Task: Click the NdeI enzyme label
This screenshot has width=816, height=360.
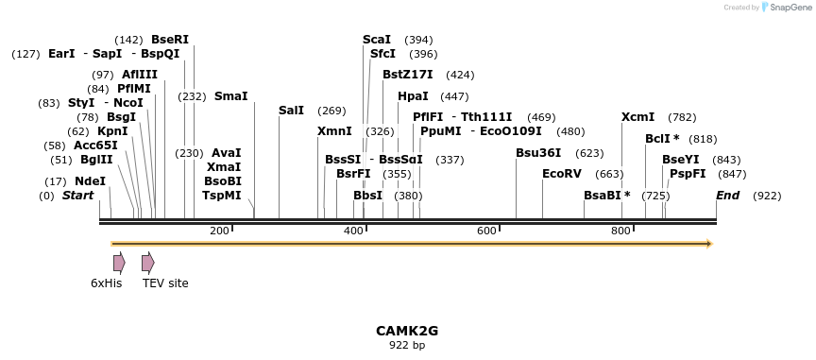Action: click(90, 180)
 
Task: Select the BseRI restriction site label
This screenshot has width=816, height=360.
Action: click(170, 40)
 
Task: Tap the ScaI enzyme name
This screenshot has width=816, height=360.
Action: click(377, 40)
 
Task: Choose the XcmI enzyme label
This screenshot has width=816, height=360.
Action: click(637, 117)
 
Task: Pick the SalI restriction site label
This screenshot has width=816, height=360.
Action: click(292, 111)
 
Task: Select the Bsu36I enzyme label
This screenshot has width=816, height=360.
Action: click(538, 153)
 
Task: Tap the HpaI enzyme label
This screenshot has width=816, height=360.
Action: click(413, 96)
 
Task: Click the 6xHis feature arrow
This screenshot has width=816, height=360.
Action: click(119, 263)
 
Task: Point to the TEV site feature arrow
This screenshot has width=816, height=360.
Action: click(147, 263)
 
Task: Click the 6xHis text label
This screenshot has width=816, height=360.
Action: click(107, 283)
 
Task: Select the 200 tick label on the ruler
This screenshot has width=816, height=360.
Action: click(219, 231)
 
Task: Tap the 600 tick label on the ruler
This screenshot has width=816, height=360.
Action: click(486, 231)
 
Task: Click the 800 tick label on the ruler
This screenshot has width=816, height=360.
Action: click(620, 231)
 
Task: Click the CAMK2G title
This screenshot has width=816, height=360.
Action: click(407, 331)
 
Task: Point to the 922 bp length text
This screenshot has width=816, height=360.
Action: click(407, 346)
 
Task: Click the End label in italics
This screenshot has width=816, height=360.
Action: click(727, 196)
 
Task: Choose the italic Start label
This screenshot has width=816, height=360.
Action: click(78, 196)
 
